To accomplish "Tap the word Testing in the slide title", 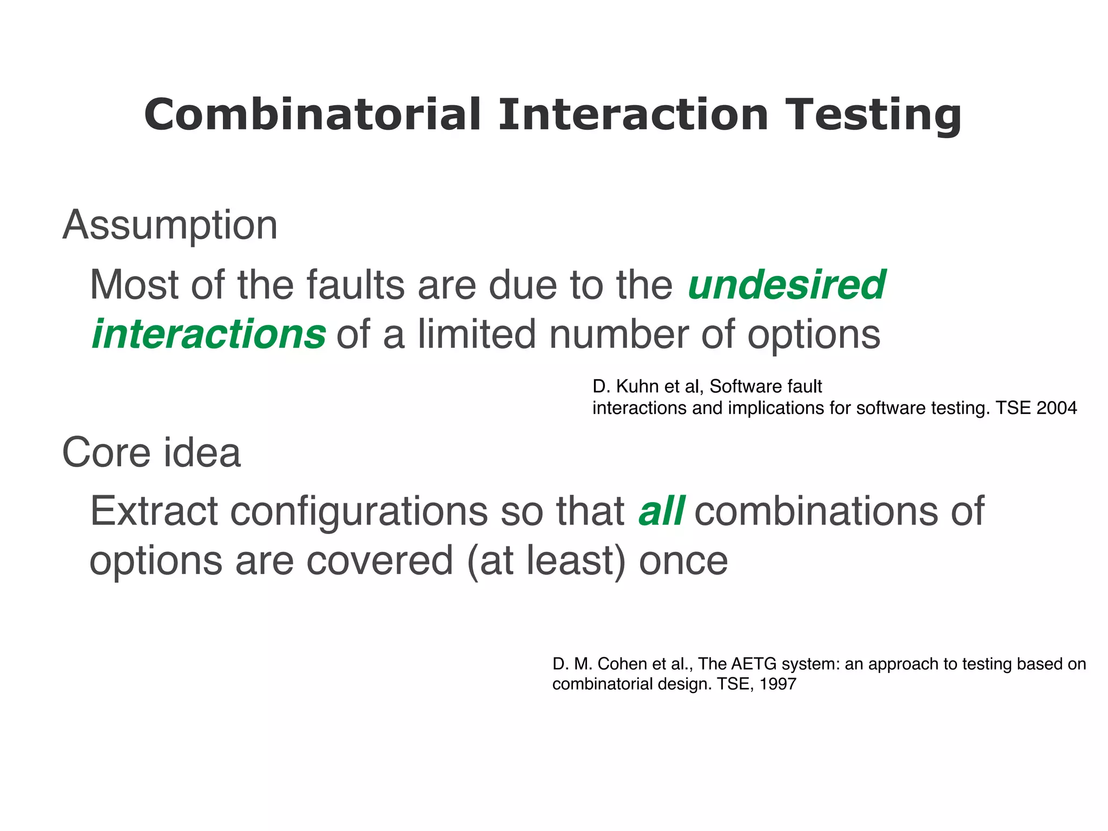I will pos(873,115).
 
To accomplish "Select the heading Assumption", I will pos(170,225).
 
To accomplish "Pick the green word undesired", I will pos(786,285).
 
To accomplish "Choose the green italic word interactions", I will pos(209,334).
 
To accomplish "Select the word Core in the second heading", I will pos(106,452).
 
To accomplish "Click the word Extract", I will pos(153,511).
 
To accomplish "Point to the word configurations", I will pos(359,512).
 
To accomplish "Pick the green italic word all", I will pos(661,511).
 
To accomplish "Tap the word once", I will pos(683,561).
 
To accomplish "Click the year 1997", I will pos(777,684).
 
